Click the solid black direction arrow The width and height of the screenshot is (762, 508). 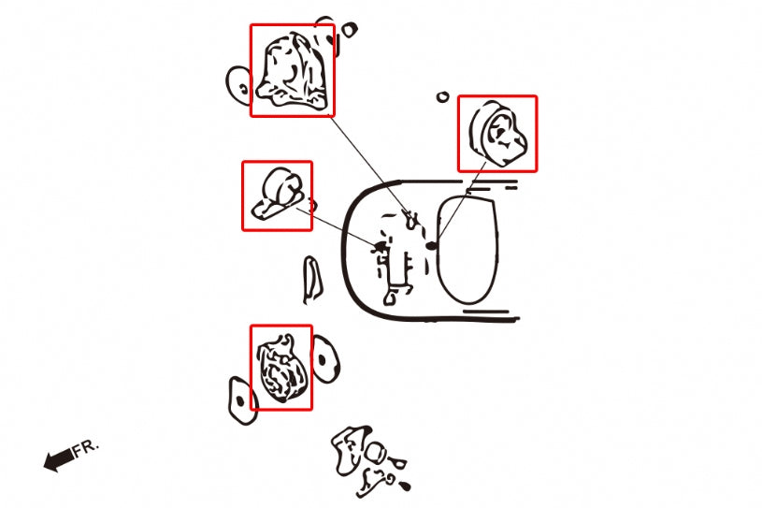[x=59, y=459]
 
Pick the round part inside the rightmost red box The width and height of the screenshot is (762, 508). [x=498, y=134]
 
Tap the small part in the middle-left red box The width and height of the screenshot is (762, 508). [x=278, y=194]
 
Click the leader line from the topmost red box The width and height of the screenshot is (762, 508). [x=368, y=165]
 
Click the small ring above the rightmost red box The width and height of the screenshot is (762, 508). [x=442, y=96]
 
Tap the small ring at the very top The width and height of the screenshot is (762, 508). [x=349, y=30]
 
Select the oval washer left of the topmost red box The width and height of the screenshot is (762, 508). [x=238, y=85]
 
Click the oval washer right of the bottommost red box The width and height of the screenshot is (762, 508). [x=325, y=359]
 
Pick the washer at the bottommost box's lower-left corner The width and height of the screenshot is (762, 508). [x=241, y=401]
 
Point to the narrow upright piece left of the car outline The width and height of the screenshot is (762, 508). [x=311, y=281]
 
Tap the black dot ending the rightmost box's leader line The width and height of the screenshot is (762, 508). [x=431, y=246]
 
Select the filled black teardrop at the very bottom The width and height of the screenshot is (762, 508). [x=404, y=486]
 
